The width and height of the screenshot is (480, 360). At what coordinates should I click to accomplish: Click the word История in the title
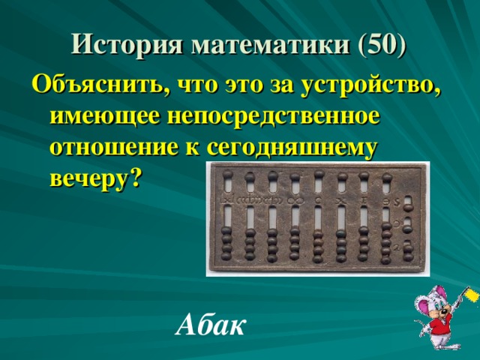(x=127, y=44)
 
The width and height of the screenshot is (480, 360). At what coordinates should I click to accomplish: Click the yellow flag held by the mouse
(x=472, y=295)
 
